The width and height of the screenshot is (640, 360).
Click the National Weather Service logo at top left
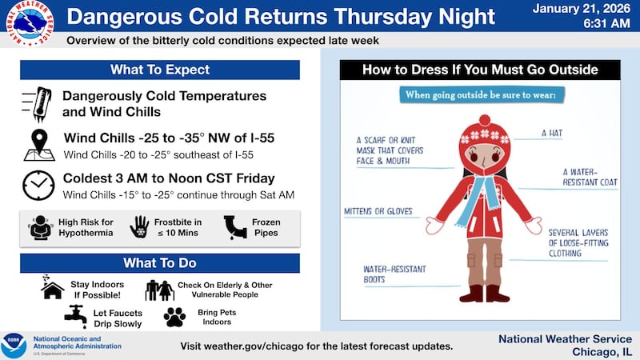[x=26, y=25]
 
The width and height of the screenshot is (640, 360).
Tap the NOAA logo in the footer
[x=14, y=345]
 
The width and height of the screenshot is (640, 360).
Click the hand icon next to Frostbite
[x=140, y=226]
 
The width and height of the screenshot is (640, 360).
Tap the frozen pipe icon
[x=234, y=226]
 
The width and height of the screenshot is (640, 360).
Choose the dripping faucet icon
[x=75, y=316]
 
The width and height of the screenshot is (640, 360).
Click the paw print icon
[x=174, y=317]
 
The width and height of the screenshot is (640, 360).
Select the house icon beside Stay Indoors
[x=53, y=288]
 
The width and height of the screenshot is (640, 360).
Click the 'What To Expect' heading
[x=160, y=70]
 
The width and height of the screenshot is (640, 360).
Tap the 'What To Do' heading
[x=160, y=262]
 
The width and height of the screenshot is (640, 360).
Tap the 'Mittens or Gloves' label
[x=377, y=211]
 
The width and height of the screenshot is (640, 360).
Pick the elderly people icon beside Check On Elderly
[x=159, y=289]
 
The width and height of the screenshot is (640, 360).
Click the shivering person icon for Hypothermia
[x=39, y=227]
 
